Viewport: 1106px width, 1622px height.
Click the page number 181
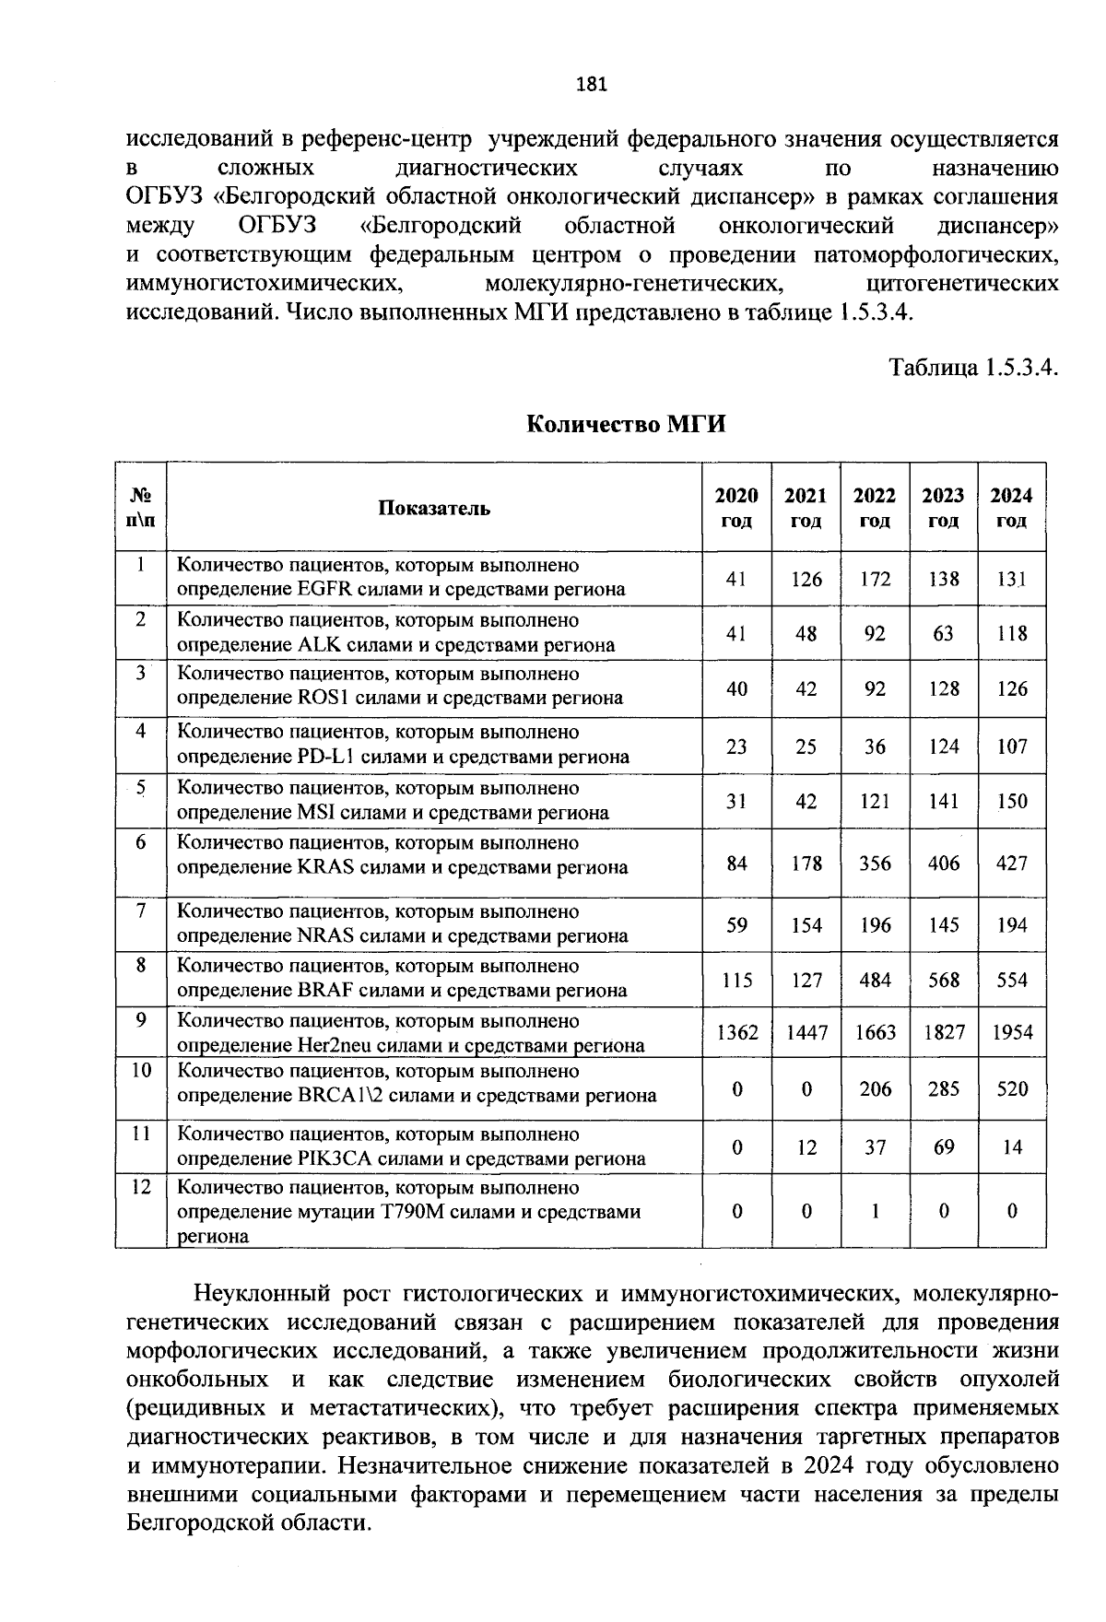pos(591,85)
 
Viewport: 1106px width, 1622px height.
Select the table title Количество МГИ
pos(626,424)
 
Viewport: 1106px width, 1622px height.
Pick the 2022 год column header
pos(874,508)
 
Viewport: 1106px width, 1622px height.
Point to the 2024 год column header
pos(1011,508)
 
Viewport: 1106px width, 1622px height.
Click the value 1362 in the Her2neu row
pos(737,1033)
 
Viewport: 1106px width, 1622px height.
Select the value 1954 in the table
pos(1012,1033)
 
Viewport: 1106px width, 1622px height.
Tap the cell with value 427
pos(1012,864)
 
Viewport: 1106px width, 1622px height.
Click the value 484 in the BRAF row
pos(875,981)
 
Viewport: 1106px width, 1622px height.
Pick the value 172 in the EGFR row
pos(875,579)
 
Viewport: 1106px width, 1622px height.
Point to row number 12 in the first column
pos(140,1187)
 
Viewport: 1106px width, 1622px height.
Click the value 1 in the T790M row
pos(875,1212)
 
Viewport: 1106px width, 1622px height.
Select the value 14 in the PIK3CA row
pos(1012,1147)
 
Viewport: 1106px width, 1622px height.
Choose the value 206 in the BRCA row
pos(875,1089)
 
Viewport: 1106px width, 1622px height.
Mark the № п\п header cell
pos(140,508)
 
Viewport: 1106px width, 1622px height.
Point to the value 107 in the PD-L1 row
pos(1012,746)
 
